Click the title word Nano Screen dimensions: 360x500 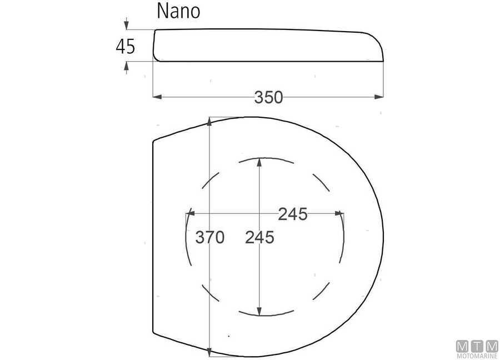178,11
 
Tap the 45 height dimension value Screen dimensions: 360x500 126,46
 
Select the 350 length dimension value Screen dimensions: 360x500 269,97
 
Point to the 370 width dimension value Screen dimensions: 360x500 209,237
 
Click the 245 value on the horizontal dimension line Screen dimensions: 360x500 293,214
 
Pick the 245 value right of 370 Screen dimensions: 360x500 259,237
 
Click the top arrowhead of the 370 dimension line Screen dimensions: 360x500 209,121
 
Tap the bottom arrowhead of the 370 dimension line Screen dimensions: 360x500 209,352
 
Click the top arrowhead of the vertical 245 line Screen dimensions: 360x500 259,162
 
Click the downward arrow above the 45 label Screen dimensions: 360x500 127,25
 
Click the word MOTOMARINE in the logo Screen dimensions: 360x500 477,356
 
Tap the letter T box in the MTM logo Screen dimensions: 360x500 477,346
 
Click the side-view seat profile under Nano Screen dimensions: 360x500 267,44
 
